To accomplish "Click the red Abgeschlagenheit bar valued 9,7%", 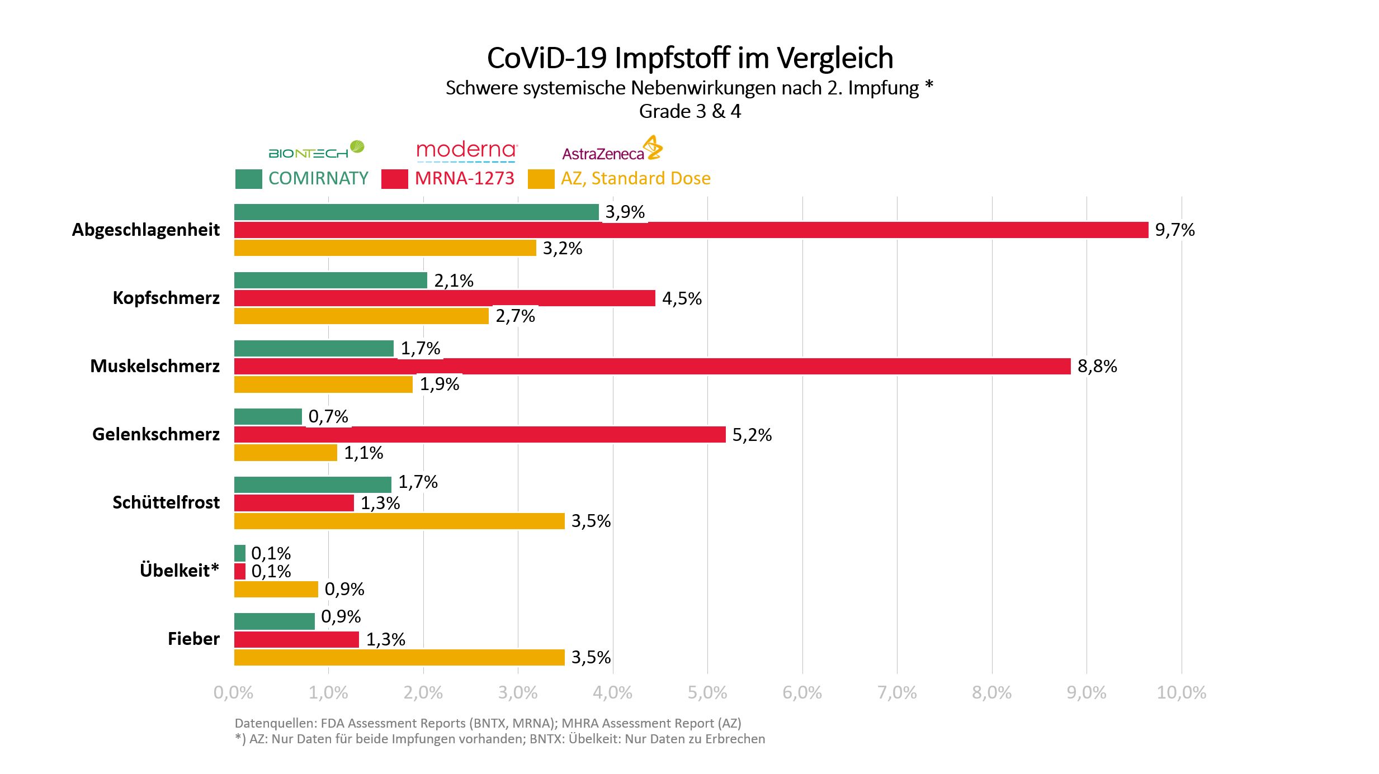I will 691,230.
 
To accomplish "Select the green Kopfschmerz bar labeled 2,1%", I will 330,280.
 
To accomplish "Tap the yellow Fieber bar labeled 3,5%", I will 399,657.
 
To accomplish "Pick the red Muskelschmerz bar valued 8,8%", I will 652,366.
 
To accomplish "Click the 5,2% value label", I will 752,435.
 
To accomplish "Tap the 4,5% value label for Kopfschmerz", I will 682,298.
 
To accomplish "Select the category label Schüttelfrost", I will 166,502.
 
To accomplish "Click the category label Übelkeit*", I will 179,571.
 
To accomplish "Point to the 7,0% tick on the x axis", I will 897,693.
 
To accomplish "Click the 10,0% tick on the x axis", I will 1181,693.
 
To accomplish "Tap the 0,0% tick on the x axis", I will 234,693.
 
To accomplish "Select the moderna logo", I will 466,150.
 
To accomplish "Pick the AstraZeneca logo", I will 612,149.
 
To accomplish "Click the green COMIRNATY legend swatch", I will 248,179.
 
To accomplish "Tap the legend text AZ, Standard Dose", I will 635,178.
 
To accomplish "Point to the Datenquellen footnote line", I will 488,723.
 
